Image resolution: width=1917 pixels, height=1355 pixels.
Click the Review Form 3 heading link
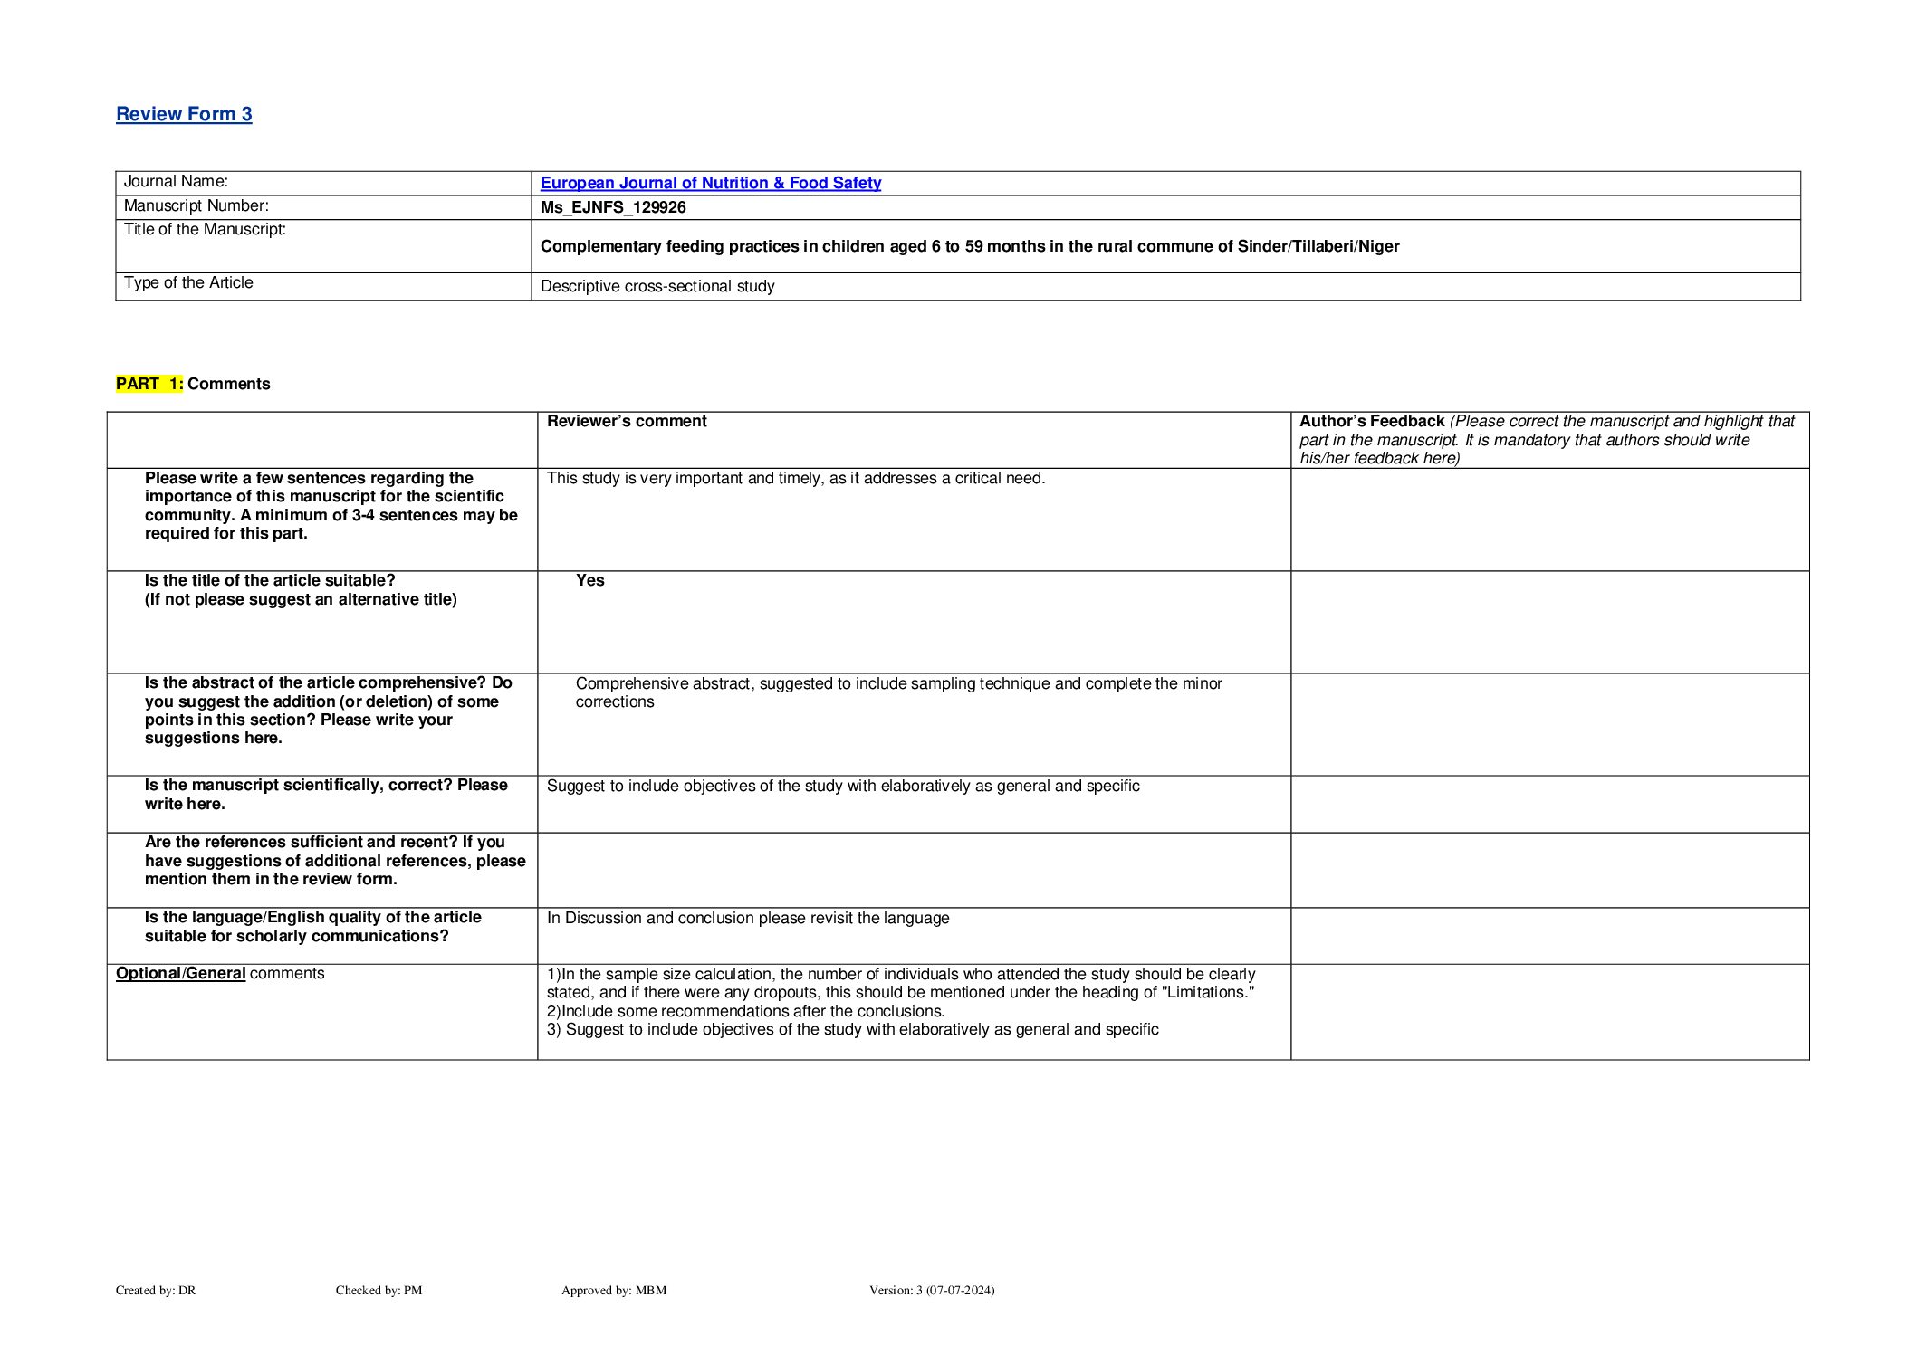[x=184, y=114]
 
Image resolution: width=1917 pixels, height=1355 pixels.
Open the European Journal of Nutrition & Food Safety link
[x=710, y=183]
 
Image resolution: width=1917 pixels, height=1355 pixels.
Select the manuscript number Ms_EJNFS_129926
[x=613, y=207]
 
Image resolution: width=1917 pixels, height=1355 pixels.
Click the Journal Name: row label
[x=176, y=182]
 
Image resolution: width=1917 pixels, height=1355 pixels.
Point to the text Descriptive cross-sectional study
[x=657, y=286]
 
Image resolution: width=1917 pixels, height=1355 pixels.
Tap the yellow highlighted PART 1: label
[x=149, y=384]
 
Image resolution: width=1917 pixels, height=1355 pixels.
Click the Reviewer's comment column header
[x=627, y=421]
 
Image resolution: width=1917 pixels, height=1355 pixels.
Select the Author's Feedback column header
[x=1371, y=421]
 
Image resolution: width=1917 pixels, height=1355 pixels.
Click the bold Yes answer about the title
[x=590, y=580]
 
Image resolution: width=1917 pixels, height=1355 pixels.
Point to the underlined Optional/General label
[x=181, y=973]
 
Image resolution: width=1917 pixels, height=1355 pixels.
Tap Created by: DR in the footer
[x=156, y=1290]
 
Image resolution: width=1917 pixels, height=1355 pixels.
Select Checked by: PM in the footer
[x=379, y=1290]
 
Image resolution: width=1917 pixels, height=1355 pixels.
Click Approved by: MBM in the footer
[x=613, y=1290]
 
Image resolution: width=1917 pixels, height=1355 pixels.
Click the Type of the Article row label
[x=188, y=282]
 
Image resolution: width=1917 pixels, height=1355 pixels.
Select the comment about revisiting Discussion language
[x=748, y=918]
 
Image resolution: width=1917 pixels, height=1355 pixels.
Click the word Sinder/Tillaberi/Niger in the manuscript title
[x=1318, y=246]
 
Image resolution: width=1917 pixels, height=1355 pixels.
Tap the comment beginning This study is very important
[x=796, y=478]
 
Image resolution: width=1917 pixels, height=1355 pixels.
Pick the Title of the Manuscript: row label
[x=205, y=229]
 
